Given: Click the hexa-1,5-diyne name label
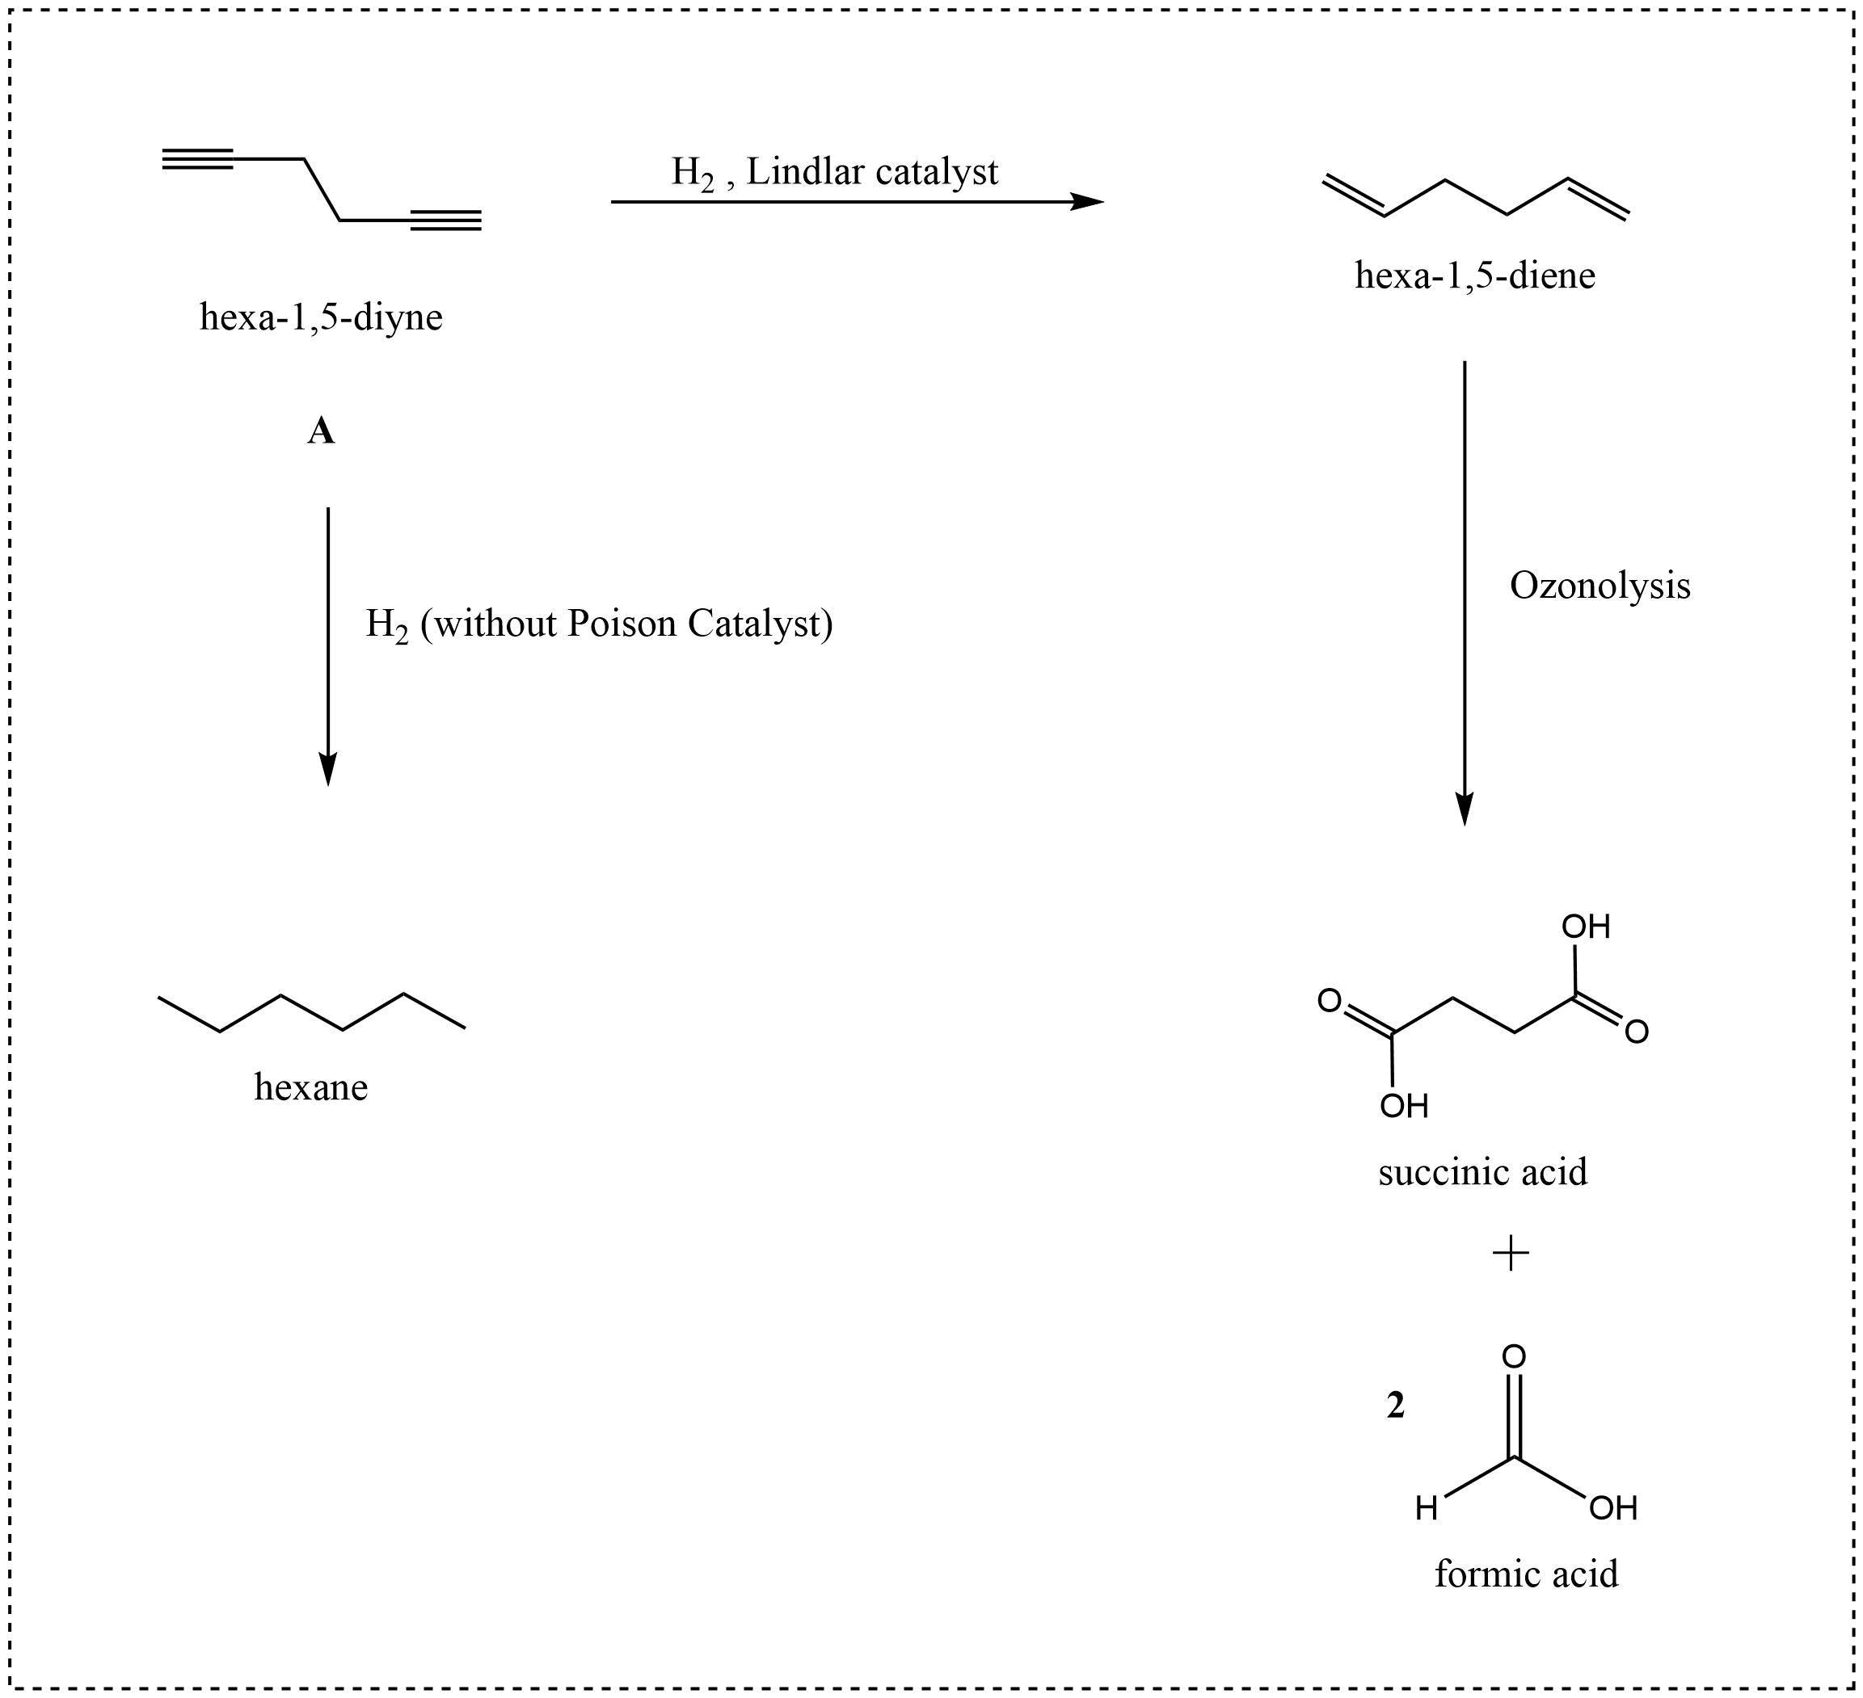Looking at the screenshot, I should (x=321, y=317).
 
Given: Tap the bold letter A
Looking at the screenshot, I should (x=321, y=431).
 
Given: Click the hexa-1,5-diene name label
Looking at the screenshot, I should (x=1475, y=276).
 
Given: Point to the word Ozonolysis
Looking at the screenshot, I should (x=1600, y=586).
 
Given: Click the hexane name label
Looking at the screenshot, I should (x=310, y=1087).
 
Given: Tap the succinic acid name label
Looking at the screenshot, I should (x=1482, y=1172).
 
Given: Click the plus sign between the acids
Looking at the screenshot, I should (x=1511, y=1254).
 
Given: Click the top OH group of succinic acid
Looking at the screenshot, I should (x=1586, y=927).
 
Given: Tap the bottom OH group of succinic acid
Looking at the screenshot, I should (x=1404, y=1106).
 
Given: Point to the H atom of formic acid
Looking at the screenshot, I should (x=1427, y=1510).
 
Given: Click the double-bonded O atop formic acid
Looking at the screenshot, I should (x=1514, y=1356).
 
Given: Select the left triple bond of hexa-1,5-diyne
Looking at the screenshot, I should (x=198, y=159).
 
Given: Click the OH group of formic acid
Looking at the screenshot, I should (x=1612, y=1509).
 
